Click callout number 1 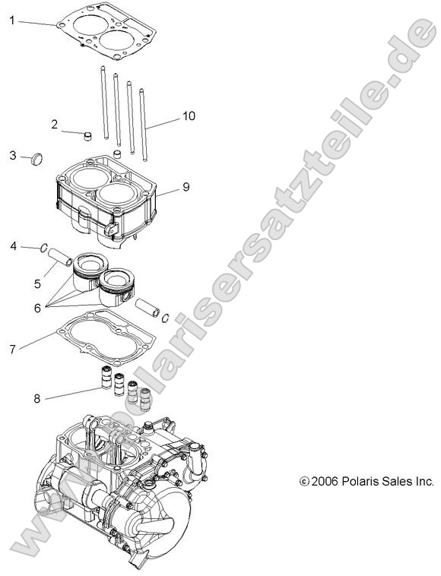point(12,21)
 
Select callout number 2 point(55,123)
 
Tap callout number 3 point(13,155)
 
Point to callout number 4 point(14,245)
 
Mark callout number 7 point(12,350)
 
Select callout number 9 point(186,186)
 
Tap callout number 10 point(188,116)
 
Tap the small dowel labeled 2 point(87,137)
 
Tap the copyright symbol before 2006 point(304,482)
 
